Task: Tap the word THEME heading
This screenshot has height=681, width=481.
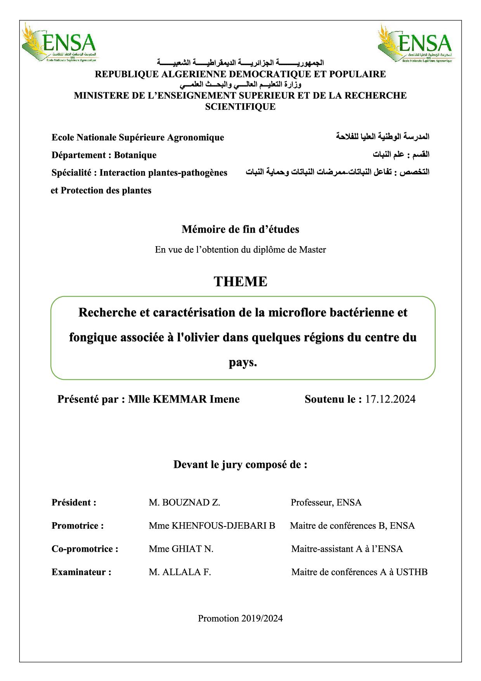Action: click(x=240, y=281)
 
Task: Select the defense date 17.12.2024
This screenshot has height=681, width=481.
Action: click(x=390, y=399)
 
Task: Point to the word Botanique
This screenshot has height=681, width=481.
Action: click(x=135, y=155)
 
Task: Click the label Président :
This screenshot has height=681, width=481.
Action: click(x=74, y=502)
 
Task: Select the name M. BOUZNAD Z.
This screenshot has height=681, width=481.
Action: click(x=184, y=502)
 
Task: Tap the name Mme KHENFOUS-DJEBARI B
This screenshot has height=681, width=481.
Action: click(x=212, y=526)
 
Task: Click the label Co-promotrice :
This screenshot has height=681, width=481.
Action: click(x=85, y=549)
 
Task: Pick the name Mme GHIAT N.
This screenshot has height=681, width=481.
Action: click(x=181, y=549)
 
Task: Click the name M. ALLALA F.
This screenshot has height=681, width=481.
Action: click(x=180, y=572)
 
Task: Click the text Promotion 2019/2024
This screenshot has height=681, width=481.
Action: click(x=240, y=618)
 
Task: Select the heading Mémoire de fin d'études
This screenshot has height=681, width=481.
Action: click(x=240, y=229)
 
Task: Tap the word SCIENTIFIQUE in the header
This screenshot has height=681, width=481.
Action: click(x=240, y=107)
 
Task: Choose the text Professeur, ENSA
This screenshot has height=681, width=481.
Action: click(x=326, y=502)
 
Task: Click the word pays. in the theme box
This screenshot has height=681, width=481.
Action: click(x=243, y=363)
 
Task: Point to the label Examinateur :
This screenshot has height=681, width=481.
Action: click(x=81, y=572)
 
